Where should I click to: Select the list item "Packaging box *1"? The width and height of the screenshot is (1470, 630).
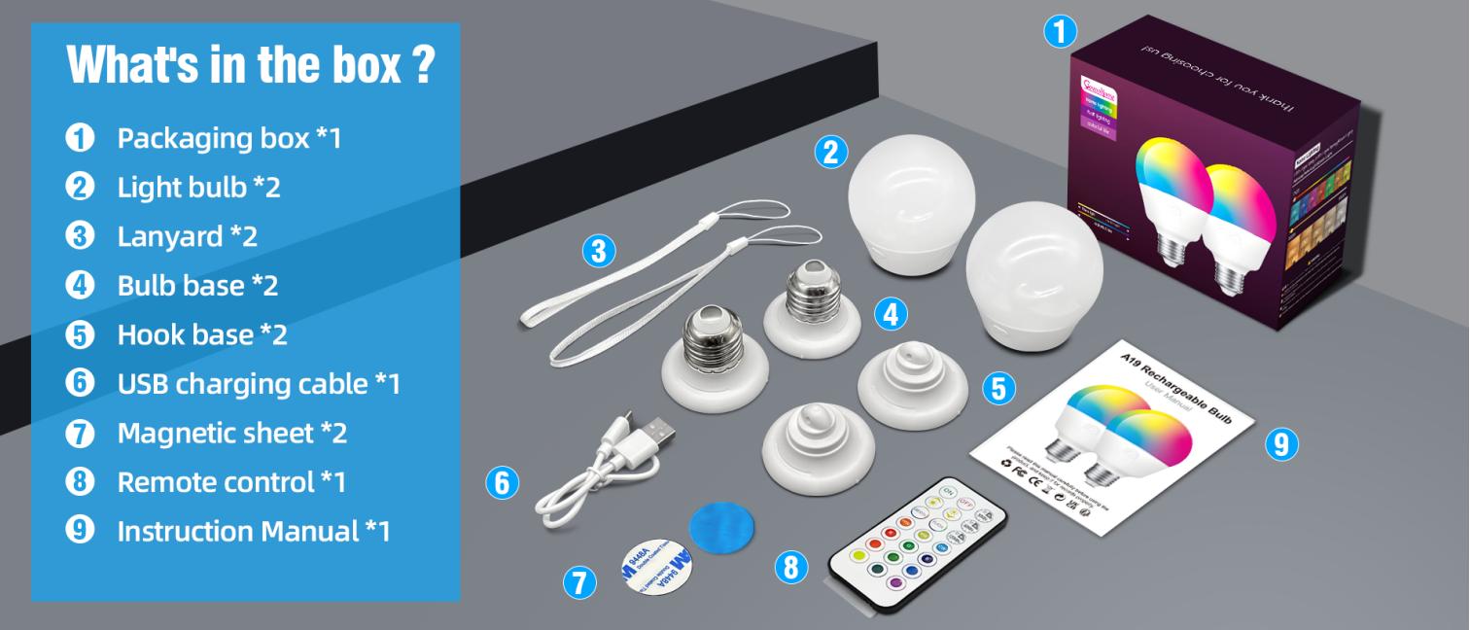click(x=229, y=138)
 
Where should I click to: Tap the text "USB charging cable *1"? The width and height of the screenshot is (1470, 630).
click(x=259, y=384)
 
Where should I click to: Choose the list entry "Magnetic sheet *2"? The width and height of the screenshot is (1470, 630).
click(x=231, y=433)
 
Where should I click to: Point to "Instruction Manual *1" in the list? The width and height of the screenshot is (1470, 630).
click(x=253, y=531)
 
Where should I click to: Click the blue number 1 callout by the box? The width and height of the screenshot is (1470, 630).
click(x=1060, y=31)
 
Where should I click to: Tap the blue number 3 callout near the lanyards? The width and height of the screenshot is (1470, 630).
click(x=599, y=252)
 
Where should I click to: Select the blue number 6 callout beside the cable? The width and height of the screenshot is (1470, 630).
click(x=502, y=482)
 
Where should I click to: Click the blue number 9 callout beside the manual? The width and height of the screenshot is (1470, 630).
click(x=1280, y=444)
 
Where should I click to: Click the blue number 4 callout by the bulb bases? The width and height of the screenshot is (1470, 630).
click(x=891, y=313)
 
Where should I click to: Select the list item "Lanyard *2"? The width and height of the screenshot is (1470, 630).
click(x=187, y=236)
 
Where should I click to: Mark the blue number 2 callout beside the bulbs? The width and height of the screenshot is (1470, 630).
click(x=830, y=152)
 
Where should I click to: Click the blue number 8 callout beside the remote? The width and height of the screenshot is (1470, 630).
click(x=791, y=566)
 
